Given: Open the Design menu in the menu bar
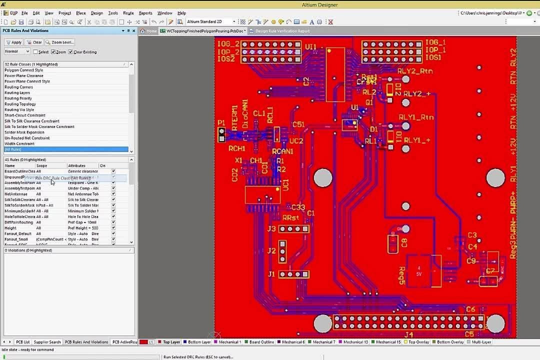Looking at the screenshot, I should coord(96,13).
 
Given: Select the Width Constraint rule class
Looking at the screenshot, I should coord(19,144).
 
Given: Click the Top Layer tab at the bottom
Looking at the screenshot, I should coord(171,342).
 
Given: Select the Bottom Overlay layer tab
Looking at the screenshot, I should coord(450,342).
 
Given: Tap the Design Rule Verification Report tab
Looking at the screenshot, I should coord(282,31).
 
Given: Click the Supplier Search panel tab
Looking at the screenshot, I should coord(47,342).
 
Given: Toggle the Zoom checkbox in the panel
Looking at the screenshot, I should coord(53,52).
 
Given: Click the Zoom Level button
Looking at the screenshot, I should coord(59,42).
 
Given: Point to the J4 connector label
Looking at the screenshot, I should coord(408,334).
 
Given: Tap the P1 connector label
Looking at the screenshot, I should coord(221,122).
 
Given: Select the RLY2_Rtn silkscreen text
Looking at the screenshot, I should coord(415,71).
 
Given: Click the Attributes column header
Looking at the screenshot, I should coord(76,165).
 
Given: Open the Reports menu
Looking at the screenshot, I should coord(145,13).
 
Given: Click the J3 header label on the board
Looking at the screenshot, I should coord(271,229).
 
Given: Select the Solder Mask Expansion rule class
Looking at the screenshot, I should coord(24,132).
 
